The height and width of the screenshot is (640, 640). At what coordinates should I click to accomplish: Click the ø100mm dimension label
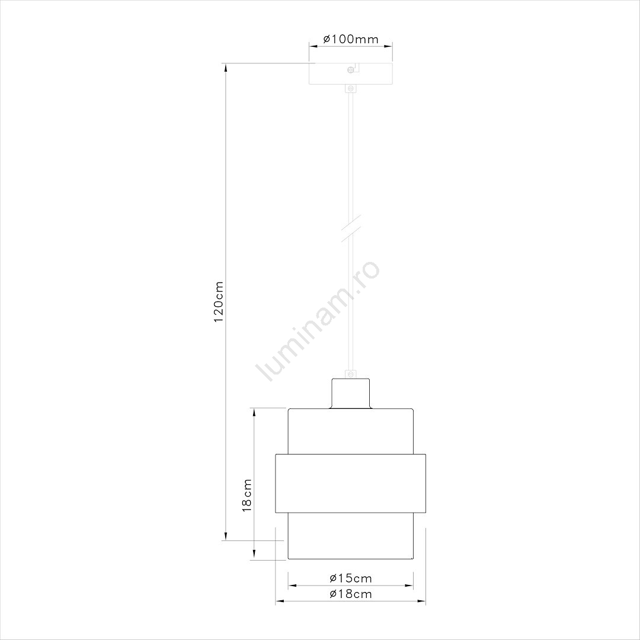351,39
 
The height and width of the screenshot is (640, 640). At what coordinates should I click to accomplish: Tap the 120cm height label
219,302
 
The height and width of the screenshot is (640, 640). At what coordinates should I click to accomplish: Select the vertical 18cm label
247,495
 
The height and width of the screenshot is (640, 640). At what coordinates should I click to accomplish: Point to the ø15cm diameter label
351,578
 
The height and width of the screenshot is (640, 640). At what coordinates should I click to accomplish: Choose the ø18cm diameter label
351,593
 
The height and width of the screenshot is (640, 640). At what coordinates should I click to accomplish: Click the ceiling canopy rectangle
351,73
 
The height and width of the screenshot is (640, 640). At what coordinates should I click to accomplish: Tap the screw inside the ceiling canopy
350,70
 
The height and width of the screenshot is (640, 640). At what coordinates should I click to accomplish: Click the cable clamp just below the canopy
350,88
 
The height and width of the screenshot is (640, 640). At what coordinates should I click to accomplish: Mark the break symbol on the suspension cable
351,228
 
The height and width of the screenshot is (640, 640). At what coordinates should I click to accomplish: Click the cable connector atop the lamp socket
350,374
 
